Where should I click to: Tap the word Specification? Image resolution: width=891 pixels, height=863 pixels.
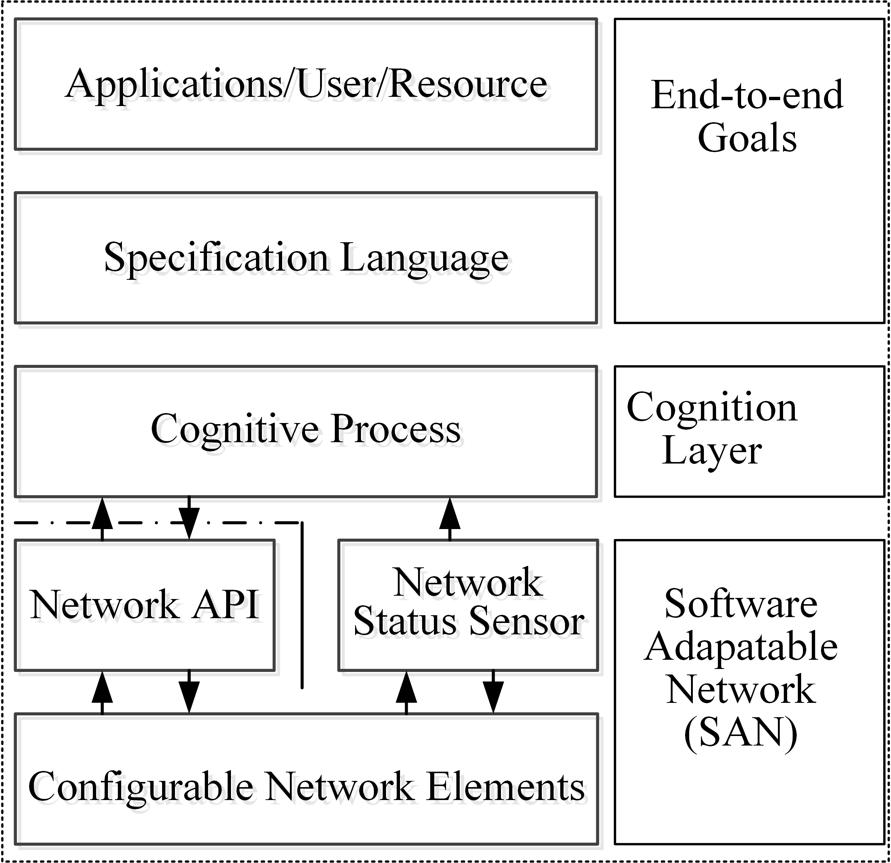(216, 258)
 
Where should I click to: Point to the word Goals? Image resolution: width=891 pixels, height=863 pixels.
(747, 138)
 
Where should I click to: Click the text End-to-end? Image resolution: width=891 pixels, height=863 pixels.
(747, 95)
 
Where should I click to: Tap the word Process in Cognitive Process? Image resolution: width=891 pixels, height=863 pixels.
(395, 429)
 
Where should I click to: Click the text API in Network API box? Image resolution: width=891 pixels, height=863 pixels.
(225, 605)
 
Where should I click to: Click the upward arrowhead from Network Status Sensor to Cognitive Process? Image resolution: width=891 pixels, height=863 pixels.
(450, 514)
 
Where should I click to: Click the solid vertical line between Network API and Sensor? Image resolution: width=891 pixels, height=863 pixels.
(302, 605)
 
